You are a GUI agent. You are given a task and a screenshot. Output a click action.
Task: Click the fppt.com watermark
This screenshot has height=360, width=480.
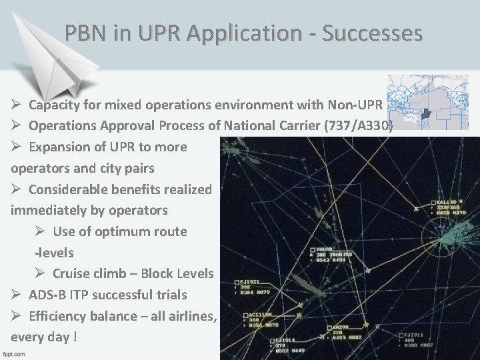point(18,353)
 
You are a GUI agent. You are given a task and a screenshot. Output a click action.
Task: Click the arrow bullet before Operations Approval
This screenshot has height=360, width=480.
point(17,125)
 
